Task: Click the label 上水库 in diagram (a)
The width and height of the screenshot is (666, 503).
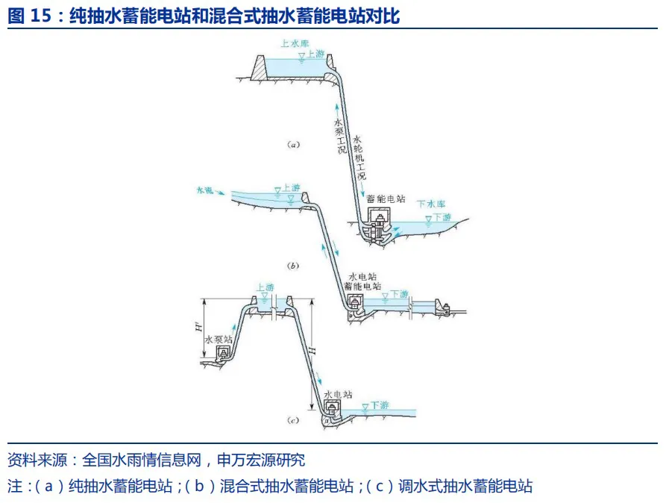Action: (x=295, y=43)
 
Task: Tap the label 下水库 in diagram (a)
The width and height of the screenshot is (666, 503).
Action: (x=430, y=203)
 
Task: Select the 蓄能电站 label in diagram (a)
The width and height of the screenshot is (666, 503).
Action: (x=386, y=199)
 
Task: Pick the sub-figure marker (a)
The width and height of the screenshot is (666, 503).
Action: (x=293, y=145)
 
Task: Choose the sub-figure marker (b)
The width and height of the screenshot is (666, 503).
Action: (x=292, y=265)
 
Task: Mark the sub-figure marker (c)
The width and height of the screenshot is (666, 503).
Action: (x=292, y=421)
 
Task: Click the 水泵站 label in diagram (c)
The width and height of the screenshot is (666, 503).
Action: (x=219, y=338)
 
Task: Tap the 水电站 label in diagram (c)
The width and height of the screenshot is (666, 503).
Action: (x=338, y=393)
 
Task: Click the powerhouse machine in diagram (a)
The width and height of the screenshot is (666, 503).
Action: (x=380, y=224)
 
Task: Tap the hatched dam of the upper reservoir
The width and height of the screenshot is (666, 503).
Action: (x=259, y=69)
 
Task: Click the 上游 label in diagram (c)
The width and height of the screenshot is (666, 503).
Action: (x=265, y=287)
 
